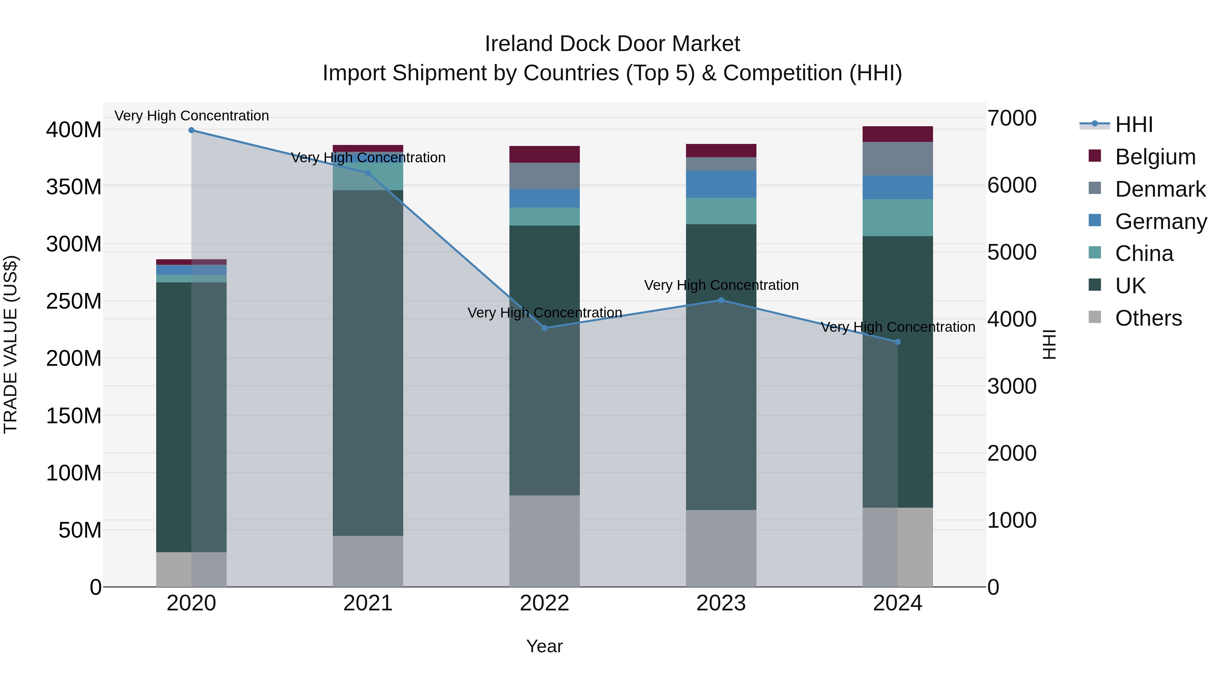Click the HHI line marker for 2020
click(x=191, y=130)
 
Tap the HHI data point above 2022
click(x=544, y=328)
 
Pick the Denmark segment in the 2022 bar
click(x=544, y=176)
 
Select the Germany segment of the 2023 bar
click(x=721, y=184)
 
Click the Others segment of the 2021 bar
click(x=367, y=561)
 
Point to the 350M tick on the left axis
click(x=74, y=187)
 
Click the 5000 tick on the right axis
click(x=1012, y=252)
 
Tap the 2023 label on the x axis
click(x=721, y=603)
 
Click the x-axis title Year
click(x=544, y=646)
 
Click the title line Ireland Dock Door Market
click(x=612, y=44)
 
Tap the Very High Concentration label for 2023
click(x=721, y=285)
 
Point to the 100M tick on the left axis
click(x=74, y=473)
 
